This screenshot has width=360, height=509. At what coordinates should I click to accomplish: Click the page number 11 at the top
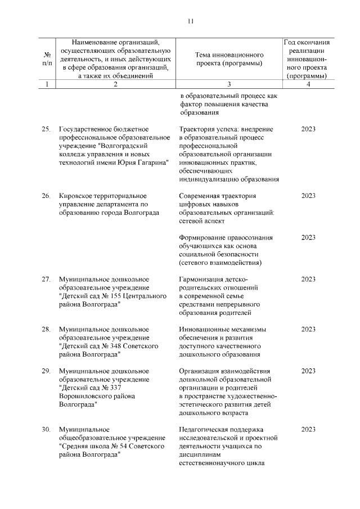[190, 21]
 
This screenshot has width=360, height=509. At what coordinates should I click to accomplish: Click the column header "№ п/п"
[47, 59]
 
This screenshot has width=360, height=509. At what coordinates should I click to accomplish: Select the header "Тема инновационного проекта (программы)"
[229, 59]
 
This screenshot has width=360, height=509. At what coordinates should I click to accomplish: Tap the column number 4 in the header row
[308, 84]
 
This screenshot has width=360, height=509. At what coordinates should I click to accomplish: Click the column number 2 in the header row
[115, 84]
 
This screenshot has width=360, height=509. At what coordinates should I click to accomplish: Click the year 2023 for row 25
[308, 129]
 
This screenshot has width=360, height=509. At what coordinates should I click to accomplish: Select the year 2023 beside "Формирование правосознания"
[308, 237]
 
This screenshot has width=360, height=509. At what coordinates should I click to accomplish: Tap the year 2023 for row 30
[308, 430]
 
